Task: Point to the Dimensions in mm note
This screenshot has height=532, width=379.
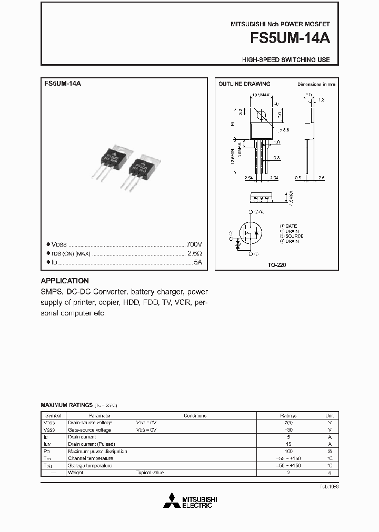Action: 316,84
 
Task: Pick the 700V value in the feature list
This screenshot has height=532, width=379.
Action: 194,245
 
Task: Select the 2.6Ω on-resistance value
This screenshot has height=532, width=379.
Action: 195,253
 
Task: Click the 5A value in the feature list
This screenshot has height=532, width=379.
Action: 197,261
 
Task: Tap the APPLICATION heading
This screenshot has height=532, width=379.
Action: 65,281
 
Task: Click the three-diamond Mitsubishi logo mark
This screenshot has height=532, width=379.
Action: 173,502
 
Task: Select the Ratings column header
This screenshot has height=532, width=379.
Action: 288,415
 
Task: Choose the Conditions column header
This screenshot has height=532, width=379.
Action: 194,415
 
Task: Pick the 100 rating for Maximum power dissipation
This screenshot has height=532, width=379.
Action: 288,451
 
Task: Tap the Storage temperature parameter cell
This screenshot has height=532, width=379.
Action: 90,466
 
